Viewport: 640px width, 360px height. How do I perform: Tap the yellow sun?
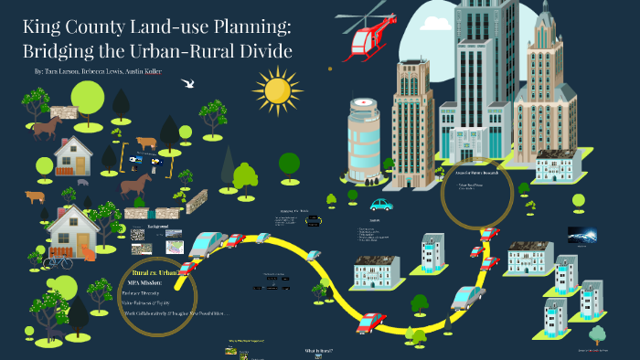point(276,90)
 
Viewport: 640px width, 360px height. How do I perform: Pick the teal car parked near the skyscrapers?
point(380,203)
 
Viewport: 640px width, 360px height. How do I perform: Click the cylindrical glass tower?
point(363,137)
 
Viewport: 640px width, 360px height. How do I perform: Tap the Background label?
point(157,225)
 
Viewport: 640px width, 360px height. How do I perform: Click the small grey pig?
point(83,182)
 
